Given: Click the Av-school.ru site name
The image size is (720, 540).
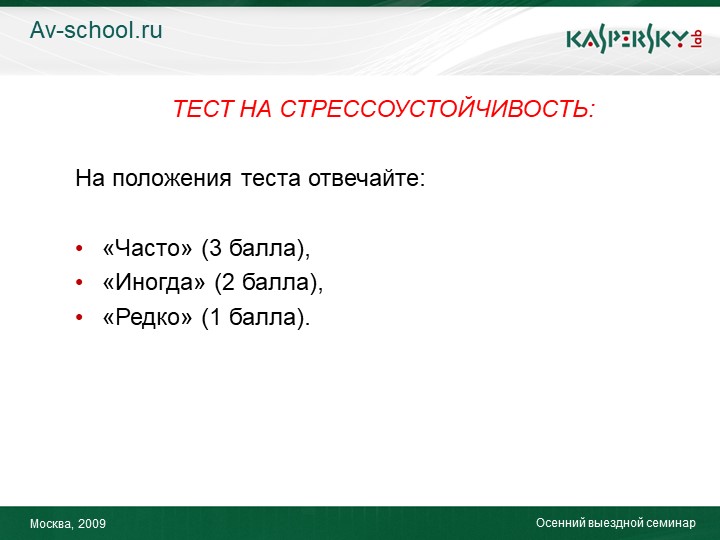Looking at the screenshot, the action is (x=96, y=30).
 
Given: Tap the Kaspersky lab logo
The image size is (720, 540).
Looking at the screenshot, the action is (x=634, y=40).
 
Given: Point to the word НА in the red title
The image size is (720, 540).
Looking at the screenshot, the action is (x=256, y=109).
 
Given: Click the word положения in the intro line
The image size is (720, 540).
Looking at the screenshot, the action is (x=171, y=179).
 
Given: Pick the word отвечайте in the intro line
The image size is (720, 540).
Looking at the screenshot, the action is (x=366, y=178).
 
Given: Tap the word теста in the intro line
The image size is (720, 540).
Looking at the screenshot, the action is (x=270, y=179).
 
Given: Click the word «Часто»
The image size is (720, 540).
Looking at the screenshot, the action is (x=147, y=248).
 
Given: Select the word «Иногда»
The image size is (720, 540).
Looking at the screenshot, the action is (x=154, y=282).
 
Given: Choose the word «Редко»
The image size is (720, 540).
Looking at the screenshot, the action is (x=147, y=317).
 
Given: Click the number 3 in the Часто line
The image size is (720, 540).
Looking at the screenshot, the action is (x=216, y=248).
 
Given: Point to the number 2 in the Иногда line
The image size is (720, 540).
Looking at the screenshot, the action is (x=229, y=282).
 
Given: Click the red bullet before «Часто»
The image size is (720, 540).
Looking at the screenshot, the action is (x=79, y=248).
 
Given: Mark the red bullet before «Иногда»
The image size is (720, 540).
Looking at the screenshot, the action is (x=79, y=282).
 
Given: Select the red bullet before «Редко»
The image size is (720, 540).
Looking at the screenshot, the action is (x=79, y=317).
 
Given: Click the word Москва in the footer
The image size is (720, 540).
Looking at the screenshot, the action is (x=52, y=524).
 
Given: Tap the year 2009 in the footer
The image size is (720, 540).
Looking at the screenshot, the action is (x=92, y=523).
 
